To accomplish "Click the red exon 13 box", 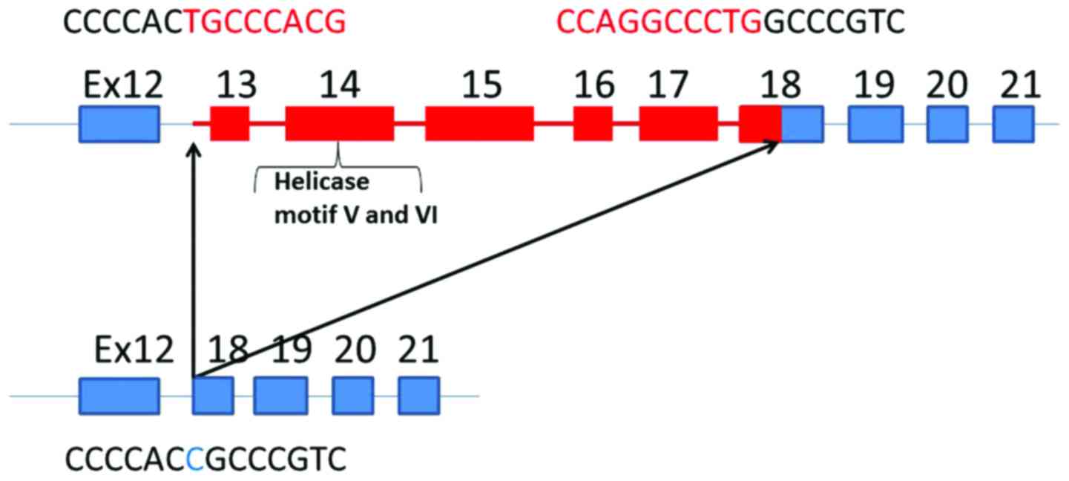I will [229, 123].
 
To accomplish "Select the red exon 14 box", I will [339, 123].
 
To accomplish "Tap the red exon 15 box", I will [478, 123].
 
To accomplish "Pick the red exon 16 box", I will [593, 123].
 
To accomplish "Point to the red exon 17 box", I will [678, 123].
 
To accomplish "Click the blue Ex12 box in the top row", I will [119, 123].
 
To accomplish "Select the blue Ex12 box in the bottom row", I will [119, 395].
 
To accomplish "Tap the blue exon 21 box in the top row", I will [1013, 123].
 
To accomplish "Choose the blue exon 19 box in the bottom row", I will [280, 395].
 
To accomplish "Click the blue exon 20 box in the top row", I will [947, 123].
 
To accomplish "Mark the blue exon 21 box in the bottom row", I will [418, 395].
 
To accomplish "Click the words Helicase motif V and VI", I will [343, 199].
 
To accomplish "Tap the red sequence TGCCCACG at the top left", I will [265, 24].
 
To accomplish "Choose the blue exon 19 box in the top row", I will [875, 123].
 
